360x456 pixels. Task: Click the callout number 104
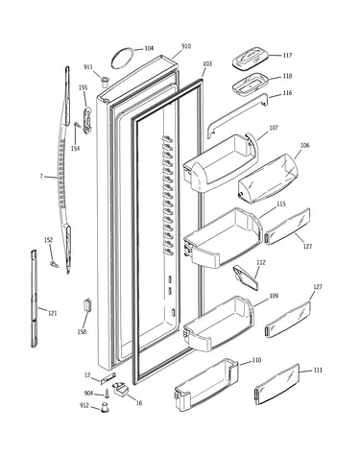point(149,48)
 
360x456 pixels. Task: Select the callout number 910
point(186,46)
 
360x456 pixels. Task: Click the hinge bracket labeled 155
point(86,120)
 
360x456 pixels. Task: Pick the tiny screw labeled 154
point(77,125)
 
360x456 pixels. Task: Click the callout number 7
point(41,176)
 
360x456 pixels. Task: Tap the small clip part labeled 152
point(55,264)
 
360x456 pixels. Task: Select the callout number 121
point(52,313)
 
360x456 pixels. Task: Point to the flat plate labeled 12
point(108,378)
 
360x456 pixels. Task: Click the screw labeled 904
point(107,393)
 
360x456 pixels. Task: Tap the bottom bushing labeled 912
point(105,408)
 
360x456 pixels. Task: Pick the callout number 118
point(287,76)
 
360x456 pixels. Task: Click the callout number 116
point(287,93)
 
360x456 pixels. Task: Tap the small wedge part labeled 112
point(246,277)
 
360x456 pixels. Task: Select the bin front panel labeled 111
point(277,384)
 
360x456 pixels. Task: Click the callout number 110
point(256,360)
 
